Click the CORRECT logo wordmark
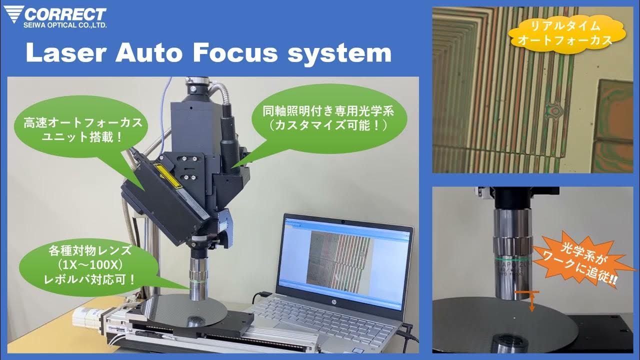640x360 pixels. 65,13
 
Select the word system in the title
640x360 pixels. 340,53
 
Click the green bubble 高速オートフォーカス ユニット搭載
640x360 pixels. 82,129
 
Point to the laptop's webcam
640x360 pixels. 344,220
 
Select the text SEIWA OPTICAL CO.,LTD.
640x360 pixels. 65,24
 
